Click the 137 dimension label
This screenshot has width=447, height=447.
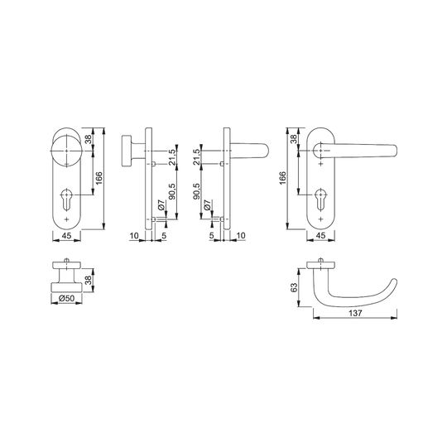[x=355, y=313]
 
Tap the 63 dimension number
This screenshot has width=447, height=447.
[x=294, y=287]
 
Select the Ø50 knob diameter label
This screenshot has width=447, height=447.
[x=66, y=298]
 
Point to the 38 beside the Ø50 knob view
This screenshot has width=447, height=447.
[x=89, y=281]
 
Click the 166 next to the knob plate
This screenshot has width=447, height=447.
[x=99, y=178]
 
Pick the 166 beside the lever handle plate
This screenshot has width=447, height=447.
[x=282, y=178]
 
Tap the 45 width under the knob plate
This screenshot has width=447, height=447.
[x=66, y=236]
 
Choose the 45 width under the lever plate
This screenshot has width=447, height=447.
[x=320, y=236]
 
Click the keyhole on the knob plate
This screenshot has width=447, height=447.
[x=67, y=199]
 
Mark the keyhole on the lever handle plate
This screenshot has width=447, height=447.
[x=321, y=199]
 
